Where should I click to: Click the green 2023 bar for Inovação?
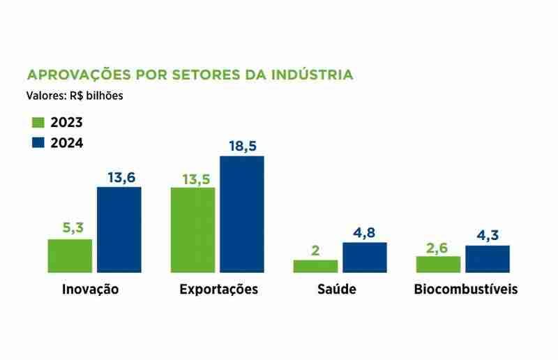pos(70,255)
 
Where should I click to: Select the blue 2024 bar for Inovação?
pos(119,230)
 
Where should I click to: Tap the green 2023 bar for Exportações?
pos(193,230)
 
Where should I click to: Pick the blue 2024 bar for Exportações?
pos(242,213)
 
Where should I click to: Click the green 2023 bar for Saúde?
pos(315,266)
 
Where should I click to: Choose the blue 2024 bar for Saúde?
pos(364,257)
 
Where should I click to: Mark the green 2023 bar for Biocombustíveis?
pos(438,264)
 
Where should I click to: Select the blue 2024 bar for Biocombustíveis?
pos(487,259)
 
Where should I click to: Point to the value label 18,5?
pos(242,147)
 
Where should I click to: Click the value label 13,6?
pos(119,178)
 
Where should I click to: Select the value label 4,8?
pos(364,233)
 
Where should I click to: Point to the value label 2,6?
pos(438,247)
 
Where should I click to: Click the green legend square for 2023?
pos(38,122)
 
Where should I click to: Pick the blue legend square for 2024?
pos(38,142)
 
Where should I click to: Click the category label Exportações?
pos(218,290)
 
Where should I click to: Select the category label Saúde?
pos(340,290)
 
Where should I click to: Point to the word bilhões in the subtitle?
pos(105,96)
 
